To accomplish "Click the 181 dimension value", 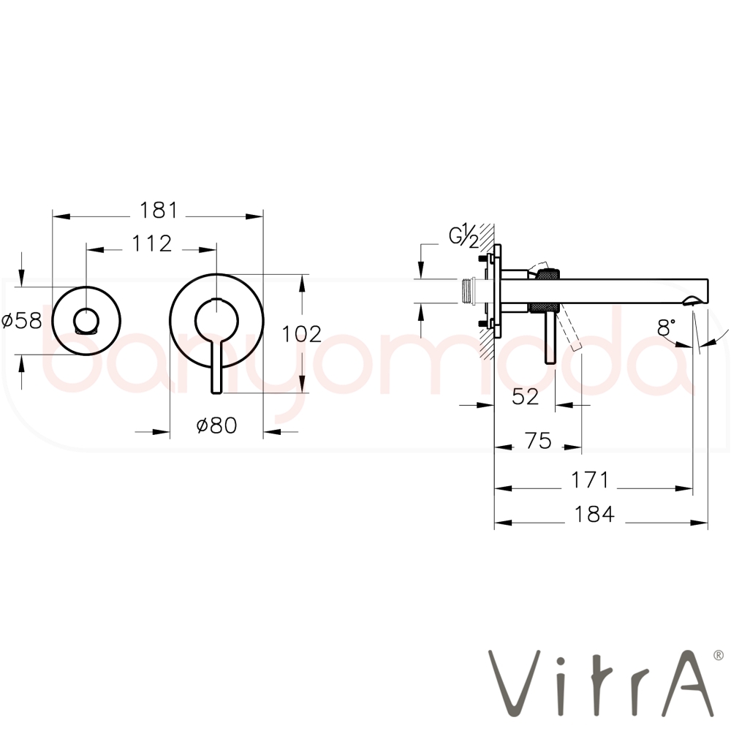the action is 159,211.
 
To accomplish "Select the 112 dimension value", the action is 152,244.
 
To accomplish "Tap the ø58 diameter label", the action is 22,321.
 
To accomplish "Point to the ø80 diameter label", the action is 216,425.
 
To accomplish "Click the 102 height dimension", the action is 302,334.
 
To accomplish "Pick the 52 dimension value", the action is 525,397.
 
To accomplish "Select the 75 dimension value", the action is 538,441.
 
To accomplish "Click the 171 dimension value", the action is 590,480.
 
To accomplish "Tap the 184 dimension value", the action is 594,514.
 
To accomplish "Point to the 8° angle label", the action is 666,327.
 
